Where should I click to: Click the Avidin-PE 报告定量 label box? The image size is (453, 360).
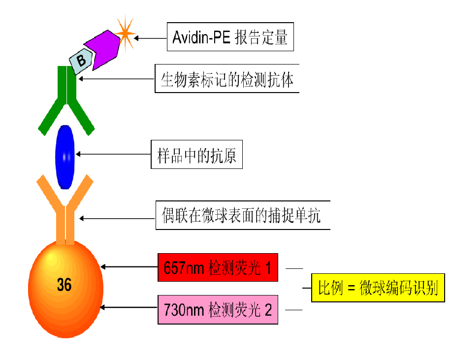(230, 37)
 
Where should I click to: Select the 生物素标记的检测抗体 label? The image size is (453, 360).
(227, 79)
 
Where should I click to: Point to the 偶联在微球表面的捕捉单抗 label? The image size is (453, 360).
(242, 215)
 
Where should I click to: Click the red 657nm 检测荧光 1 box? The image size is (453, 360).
(218, 267)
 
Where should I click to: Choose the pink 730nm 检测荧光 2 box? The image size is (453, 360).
(218, 310)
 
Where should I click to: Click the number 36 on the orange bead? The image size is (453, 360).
(64, 285)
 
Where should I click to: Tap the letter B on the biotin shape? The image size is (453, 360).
(81, 61)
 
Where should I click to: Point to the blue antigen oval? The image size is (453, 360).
(65, 156)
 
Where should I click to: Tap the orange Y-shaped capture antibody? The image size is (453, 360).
(65, 207)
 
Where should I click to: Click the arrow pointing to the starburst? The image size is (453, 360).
(150, 37)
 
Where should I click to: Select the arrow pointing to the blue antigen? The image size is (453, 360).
(113, 155)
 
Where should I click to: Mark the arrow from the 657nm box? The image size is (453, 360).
(129, 267)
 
